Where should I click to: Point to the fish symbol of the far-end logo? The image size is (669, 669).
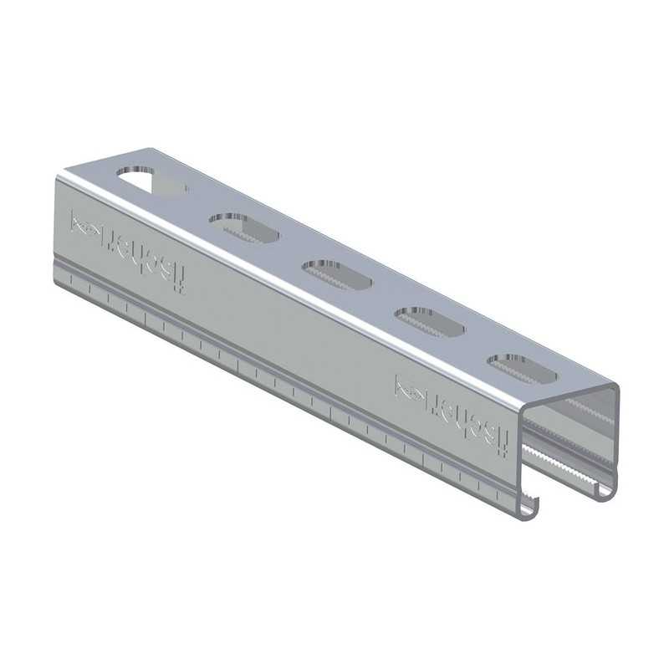coord(85,225)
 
